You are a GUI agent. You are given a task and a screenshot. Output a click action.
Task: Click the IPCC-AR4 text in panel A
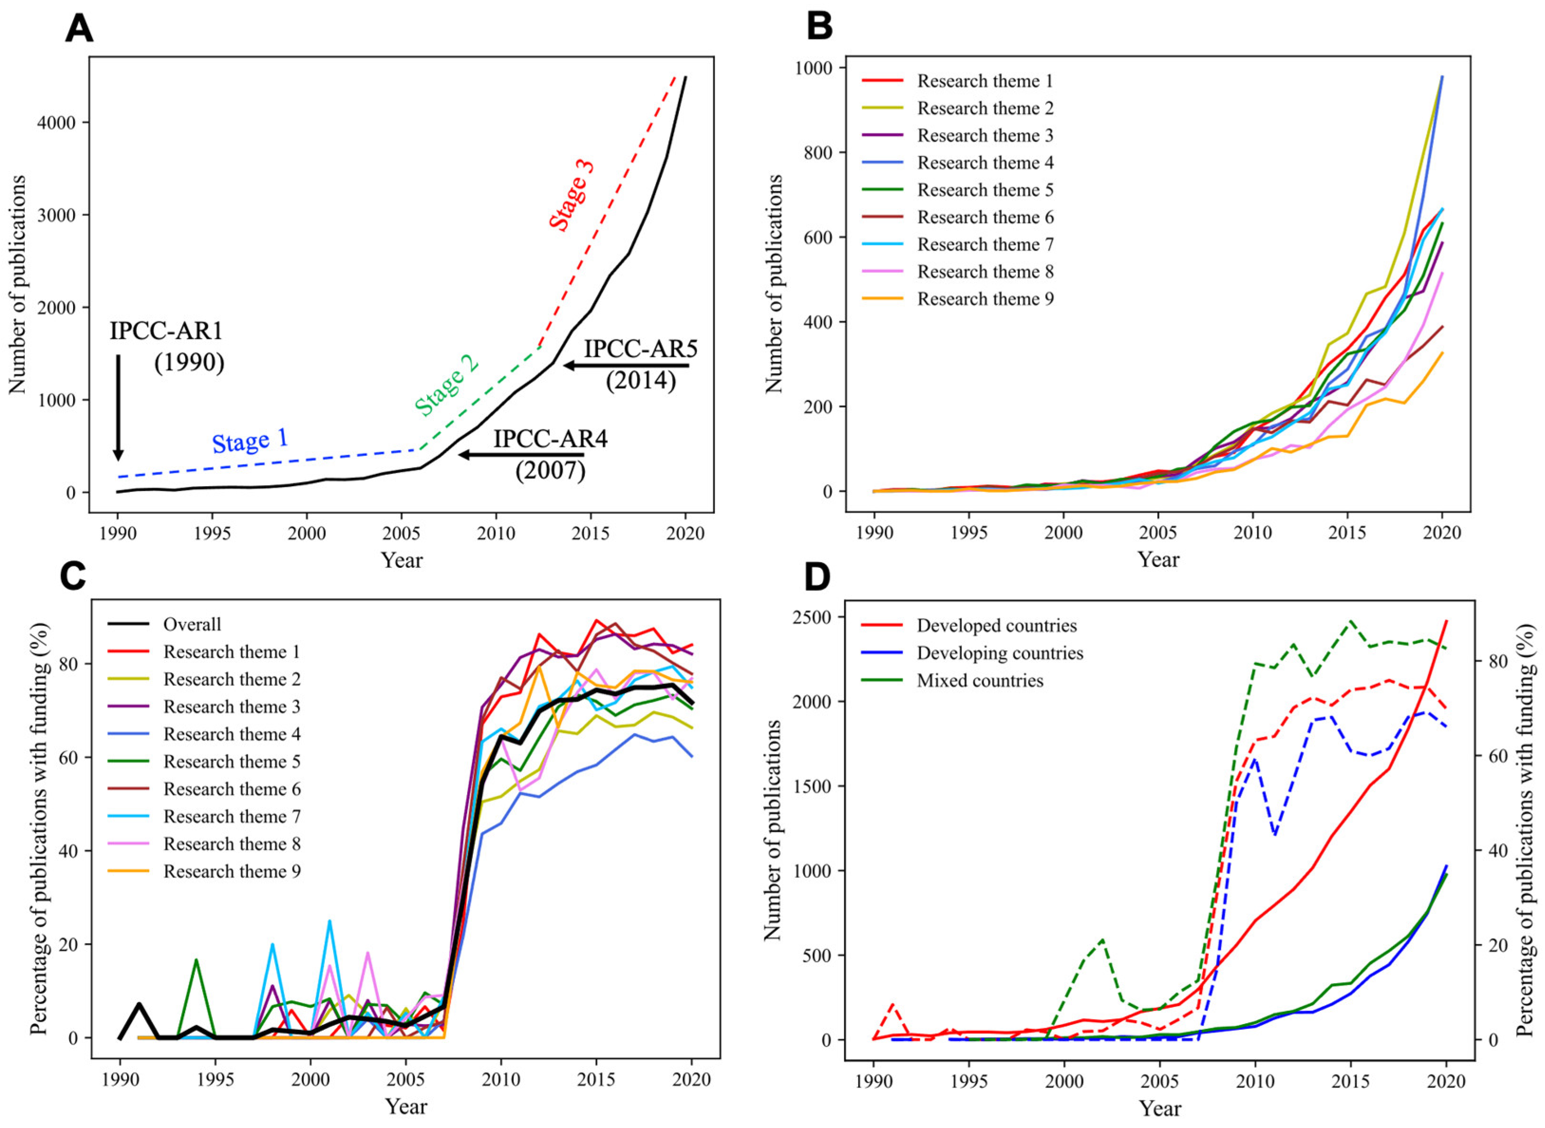click(x=550, y=438)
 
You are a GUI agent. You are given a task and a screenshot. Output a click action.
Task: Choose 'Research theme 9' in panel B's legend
click(x=984, y=299)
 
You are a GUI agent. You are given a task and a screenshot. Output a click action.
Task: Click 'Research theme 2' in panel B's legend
click(x=984, y=109)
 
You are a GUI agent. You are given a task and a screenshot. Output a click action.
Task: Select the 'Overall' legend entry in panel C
click(x=192, y=624)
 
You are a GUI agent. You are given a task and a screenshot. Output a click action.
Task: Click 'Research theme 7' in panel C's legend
click(x=232, y=816)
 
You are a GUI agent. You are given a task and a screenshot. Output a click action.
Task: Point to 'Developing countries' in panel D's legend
click(x=1000, y=653)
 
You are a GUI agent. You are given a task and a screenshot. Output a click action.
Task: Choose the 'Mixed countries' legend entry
click(x=980, y=680)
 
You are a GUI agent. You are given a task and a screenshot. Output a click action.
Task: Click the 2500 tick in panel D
click(x=812, y=617)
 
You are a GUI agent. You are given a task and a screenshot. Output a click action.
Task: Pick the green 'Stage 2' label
click(x=447, y=386)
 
